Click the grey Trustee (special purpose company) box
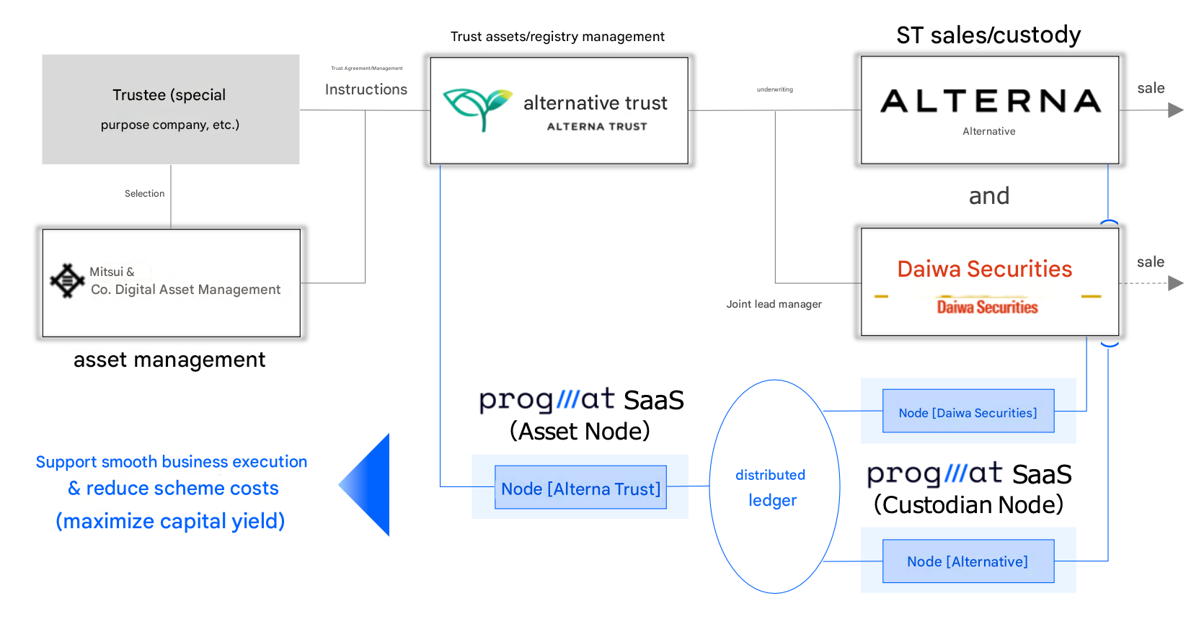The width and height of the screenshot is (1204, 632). [x=170, y=110]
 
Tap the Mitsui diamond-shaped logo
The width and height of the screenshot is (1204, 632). [x=67, y=280]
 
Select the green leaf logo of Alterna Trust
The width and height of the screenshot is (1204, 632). [x=477, y=108]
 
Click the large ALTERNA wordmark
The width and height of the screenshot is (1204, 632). [x=990, y=102]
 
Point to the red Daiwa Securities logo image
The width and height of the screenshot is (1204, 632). [x=987, y=306]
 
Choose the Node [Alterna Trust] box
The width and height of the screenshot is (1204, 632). [x=580, y=488]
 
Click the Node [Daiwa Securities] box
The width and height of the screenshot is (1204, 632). [x=968, y=411]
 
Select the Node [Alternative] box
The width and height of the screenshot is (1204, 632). [x=968, y=561]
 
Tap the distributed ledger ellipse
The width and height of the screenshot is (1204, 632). [x=774, y=486]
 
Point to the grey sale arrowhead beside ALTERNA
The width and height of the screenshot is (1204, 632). [x=1175, y=110]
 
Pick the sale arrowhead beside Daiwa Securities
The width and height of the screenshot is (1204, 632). [x=1175, y=283]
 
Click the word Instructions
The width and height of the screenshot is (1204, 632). [x=366, y=89]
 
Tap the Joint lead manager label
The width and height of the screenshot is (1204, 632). [x=774, y=304]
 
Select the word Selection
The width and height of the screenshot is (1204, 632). [x=144, y=193]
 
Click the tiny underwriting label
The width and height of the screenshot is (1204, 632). [x=774, y=89]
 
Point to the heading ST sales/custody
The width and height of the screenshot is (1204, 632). [x=988, y=35]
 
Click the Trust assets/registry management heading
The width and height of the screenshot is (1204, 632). [x=557, y=37]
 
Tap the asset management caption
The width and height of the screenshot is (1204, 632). [x=169, y=360]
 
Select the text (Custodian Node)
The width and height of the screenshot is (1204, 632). [x=968, y=504]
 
